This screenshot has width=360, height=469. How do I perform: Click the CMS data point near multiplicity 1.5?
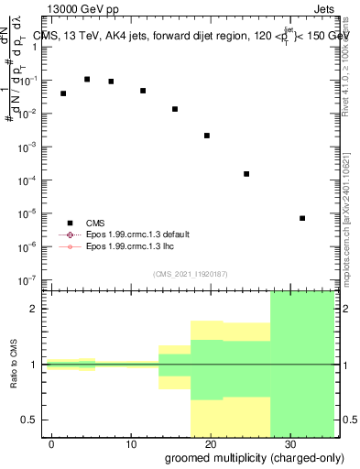click(63, 93)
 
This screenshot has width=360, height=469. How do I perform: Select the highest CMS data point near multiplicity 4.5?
click(87, 80)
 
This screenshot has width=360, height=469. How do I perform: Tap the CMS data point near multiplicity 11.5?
click(143, 91)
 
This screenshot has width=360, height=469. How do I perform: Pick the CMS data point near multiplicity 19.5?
click(207, 136)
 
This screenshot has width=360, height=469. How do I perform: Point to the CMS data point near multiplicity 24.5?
click(246, 174)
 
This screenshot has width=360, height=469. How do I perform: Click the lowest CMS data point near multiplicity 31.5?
click(302, 218)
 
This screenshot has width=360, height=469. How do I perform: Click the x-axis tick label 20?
click(210, 442)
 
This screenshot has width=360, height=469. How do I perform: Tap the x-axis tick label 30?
click(289, 442)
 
